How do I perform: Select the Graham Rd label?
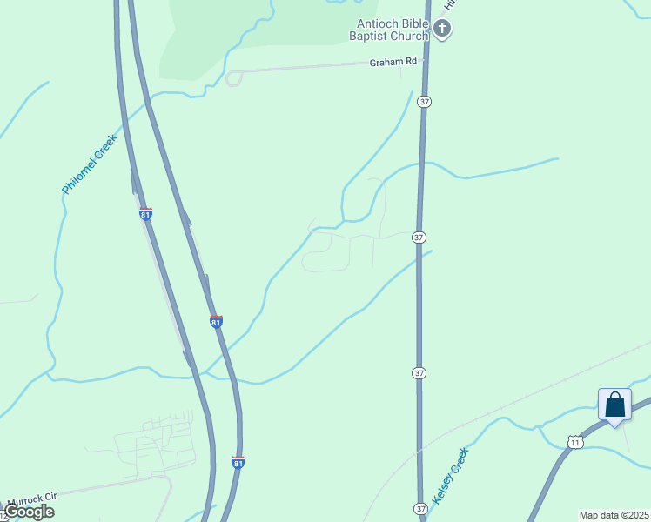[x=393, y=62]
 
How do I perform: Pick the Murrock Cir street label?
[x=31, y=500]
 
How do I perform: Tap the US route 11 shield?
[x=574, y=443]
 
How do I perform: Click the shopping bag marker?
[x=614, y=405]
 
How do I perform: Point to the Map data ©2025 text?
[x=614, y=515]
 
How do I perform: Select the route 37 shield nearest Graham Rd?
[x=424, y=102]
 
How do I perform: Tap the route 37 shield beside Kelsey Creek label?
[x=420, y=508]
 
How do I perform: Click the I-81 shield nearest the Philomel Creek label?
[x=145, y=213]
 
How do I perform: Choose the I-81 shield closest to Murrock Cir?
[x=238, y=462]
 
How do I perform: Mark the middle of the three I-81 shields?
[x=216, y=321]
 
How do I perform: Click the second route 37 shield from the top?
[x=419, y=237]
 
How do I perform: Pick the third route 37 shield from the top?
[x=419, y=372]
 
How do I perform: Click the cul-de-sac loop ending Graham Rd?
[x=233, y=79]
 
